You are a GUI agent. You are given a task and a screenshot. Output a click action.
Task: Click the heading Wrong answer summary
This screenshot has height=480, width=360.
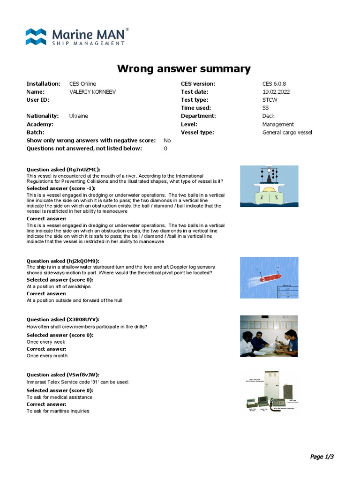(x=184, y=69)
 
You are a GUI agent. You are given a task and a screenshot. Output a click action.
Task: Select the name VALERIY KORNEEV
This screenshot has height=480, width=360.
(x=92, y=92)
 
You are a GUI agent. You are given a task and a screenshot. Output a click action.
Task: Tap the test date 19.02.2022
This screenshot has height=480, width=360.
(x=276, y=92)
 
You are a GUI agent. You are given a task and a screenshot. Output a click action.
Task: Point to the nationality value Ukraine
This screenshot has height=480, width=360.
(x=79, y=116)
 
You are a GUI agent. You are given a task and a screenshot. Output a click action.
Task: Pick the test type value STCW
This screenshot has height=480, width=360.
(x=270, y=100)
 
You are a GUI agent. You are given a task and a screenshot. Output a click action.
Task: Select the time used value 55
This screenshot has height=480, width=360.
(x=266, y=108)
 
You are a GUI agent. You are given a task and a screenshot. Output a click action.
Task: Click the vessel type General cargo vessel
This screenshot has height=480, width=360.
(x=287, y=132)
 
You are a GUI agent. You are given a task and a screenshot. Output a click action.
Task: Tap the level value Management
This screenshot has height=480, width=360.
(x=278, y=124)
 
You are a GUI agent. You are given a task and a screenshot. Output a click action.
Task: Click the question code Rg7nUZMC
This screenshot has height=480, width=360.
(x=83, y=169)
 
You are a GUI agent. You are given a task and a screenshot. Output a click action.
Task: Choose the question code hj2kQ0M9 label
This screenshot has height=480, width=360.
(x=83, y=261)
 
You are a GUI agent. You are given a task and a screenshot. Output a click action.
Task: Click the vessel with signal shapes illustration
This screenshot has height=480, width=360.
(x=269, y=186)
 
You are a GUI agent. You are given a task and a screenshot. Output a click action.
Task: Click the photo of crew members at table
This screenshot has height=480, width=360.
(x=269, y=336)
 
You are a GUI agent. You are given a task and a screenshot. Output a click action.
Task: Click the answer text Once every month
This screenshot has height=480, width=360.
(x=47, y=356)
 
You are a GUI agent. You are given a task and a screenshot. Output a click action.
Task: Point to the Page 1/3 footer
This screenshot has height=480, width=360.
(x=322, y=457)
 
